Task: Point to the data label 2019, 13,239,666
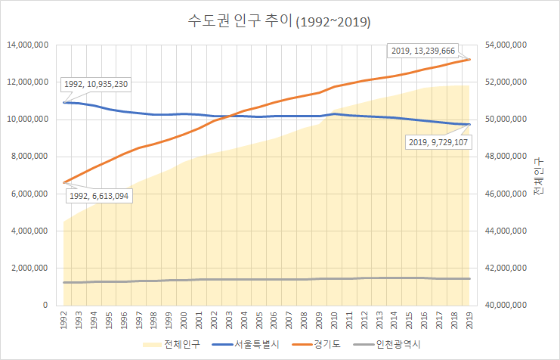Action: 423,51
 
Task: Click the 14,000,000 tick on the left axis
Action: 28,45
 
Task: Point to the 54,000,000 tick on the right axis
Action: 504,45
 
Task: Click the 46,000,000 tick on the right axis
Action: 504,194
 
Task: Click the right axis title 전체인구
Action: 537,178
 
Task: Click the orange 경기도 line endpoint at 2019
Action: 470,59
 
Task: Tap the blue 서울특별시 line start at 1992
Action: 64,102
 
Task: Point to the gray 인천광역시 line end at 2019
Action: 470,279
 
